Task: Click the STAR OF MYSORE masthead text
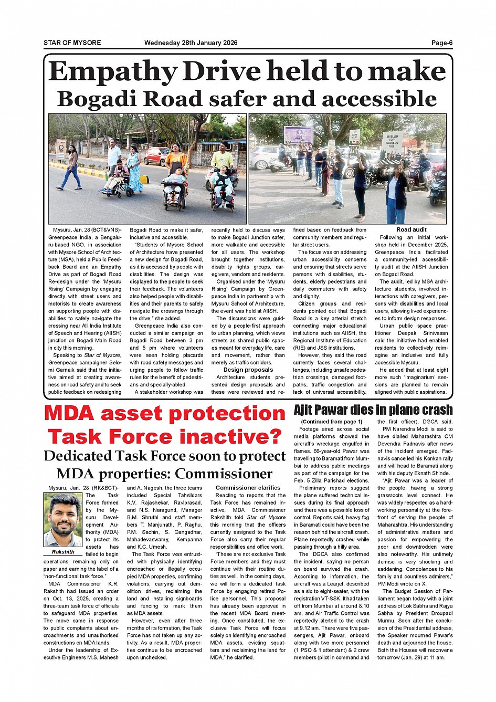click(72, 43)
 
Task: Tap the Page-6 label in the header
click(442, 43)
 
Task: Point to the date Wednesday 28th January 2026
click(191, 43)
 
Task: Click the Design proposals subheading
click(248, 370)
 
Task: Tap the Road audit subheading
click(411, 229)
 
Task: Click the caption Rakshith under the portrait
click(63, 552)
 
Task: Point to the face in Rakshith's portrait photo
click(64, 519)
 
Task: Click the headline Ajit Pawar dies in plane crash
click(373, 410)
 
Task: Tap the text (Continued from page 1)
click(332, 422)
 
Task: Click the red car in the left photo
click(156, 155)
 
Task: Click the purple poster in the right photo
click(298, 134)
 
